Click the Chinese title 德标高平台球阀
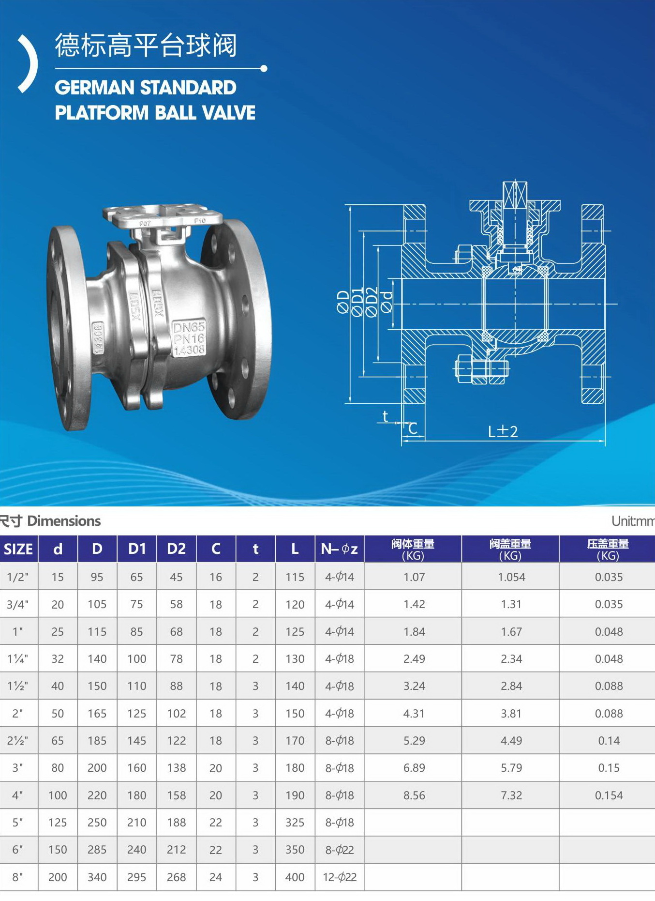click(146, 46)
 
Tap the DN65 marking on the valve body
click(189, 327)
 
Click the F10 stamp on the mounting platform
click(200, 221)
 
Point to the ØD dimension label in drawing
click(343, 303)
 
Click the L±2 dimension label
click(503, 431)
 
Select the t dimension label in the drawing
click(385, 416)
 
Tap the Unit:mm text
click(633, 521)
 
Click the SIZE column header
click(18, 549)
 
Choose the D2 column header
click(176, 549)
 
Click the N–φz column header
click(339, 549)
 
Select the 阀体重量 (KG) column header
click(413, 549)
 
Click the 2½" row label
click(17, 741)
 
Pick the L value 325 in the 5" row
click(295, 823)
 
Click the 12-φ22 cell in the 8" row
click(340, 877)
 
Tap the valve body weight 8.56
click(414, 795)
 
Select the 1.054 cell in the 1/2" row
click(511, 577)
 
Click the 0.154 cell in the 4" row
click(609, 795)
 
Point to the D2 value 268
click(176, 877)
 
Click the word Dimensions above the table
click(64, 521)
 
